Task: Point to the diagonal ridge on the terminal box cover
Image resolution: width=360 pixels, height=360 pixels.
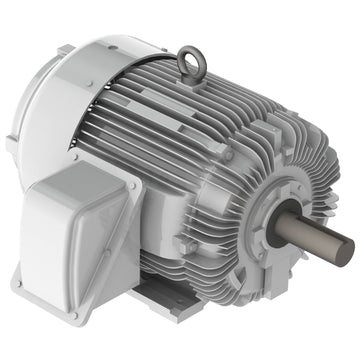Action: (75, 215)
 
